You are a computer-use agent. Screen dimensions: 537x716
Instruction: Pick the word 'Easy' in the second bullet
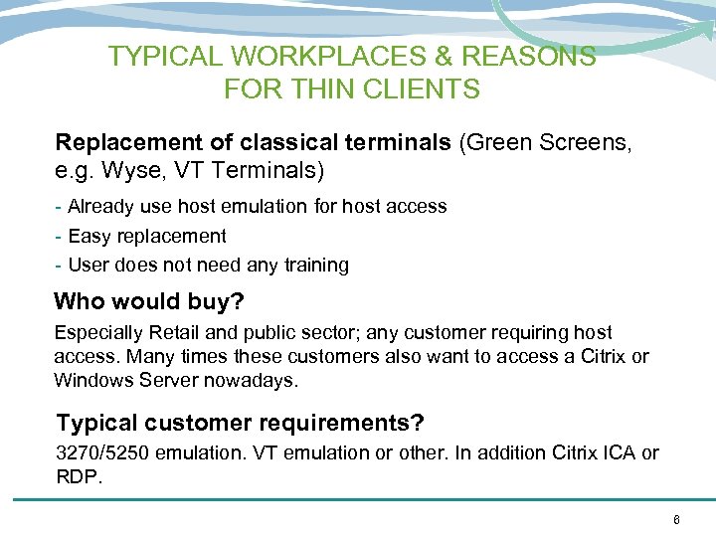[x=89, y=236]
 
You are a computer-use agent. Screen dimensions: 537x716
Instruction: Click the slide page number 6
[x=676, y=519]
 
